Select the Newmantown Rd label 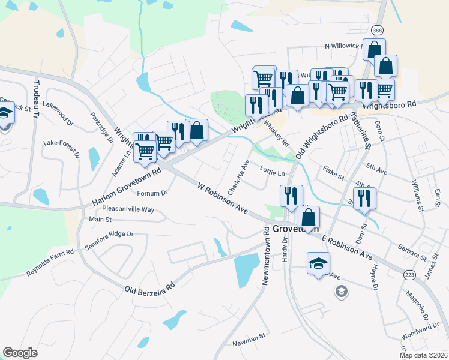click(265, 254)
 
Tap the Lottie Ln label click(272, 173)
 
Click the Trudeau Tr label click(36, 100)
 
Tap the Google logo click(20, 353)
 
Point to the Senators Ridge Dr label click(109, 234)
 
